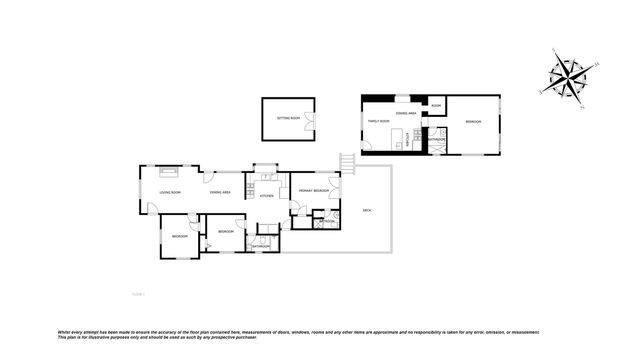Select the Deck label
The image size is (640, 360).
[x=367, y=210]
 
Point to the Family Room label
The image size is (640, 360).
[x=377, y=122]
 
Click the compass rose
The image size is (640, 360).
[x=571, y=77]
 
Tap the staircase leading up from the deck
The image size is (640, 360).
[x=348, y=162]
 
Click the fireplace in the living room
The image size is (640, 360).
[x=172, y=170]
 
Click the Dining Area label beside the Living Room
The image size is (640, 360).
[x=220, y=191]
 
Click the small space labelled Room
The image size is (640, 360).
[x=436, y=104]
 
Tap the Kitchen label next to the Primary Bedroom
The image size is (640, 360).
[x=267, y=196]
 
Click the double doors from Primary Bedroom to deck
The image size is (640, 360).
[x=337, y=190]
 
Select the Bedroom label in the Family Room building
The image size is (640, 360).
[x=472, y=122]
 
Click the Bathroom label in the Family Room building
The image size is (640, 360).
[x=438, y=139]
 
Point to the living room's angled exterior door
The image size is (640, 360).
[x=150, y=208]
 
